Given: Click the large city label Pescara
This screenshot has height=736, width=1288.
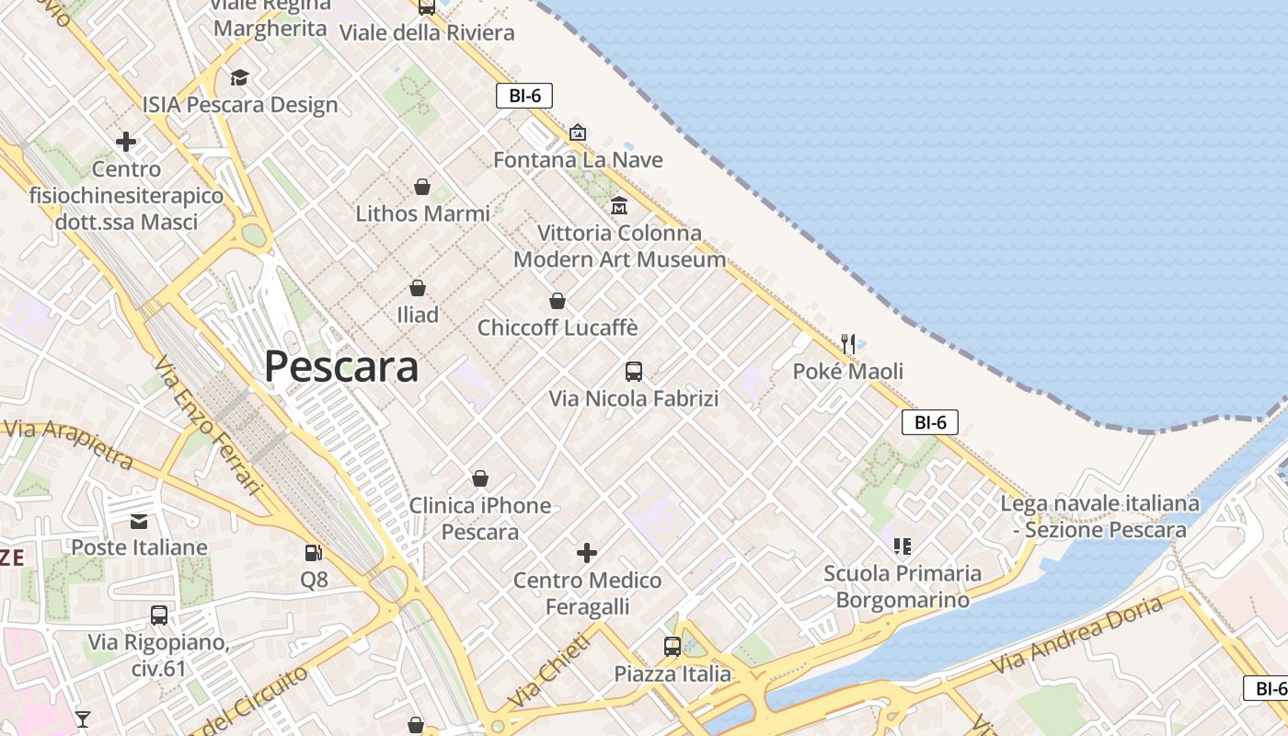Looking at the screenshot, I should [341, 366].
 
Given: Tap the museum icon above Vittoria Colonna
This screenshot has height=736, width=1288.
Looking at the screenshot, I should [619, 205].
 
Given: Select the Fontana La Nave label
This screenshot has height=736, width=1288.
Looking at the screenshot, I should [578, 160].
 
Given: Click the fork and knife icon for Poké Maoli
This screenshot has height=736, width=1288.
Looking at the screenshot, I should [848, 345].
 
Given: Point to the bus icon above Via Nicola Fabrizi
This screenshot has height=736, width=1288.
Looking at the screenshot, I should [634, 372].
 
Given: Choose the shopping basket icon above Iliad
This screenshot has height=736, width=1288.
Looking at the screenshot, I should [418, 288].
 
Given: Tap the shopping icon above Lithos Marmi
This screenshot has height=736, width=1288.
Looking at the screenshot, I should [422, 188].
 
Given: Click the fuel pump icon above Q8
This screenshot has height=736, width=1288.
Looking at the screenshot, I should [314, 553].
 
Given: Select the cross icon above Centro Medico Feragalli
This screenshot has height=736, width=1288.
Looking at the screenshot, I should [587, 553].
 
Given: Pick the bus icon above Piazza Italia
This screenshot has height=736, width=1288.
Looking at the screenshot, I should [673, 647].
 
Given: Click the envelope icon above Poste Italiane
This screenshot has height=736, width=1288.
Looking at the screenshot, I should [139, 522].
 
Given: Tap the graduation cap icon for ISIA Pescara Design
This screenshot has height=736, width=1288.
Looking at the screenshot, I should [239, 78].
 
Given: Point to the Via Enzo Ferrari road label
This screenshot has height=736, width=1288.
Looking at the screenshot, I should [209, 425].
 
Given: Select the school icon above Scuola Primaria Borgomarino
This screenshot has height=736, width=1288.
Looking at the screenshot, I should [902, 546].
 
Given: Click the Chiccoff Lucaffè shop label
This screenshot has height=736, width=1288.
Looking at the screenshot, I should [557, 328].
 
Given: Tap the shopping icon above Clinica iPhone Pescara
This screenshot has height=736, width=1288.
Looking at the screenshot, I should [479, 478].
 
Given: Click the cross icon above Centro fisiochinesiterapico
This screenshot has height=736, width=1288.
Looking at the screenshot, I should [126, 142].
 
